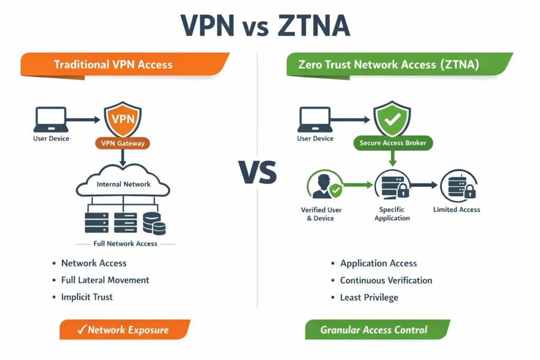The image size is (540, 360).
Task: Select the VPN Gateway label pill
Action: point(122,143)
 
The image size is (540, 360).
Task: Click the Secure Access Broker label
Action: point(392,143)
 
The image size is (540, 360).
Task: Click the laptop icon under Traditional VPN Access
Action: point(51,120)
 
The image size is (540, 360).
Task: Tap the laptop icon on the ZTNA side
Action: point(315,120)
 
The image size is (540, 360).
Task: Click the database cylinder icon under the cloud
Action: point(154,223)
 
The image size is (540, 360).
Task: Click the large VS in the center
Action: point(258,173)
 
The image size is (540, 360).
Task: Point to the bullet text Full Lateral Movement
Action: point(105,280)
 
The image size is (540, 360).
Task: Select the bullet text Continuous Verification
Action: point(386,280)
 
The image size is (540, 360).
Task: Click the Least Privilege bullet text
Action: point(369,297)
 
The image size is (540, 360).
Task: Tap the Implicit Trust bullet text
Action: point(87,297)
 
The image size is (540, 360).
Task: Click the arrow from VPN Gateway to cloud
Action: point(122,157)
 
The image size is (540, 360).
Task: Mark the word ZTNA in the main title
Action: point(312,26)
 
